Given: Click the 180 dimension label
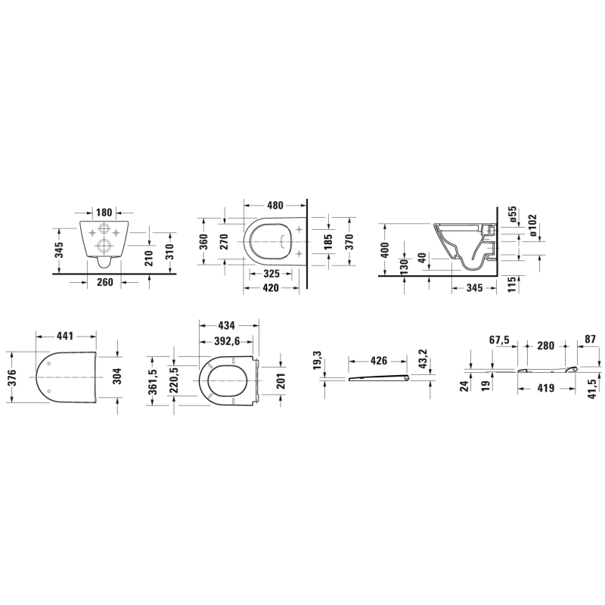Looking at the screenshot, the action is tap(104, 213).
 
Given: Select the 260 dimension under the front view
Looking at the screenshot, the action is tap(104, 282).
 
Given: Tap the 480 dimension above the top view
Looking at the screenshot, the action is tap(275, 205).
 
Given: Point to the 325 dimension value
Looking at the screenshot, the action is tap(271, 274).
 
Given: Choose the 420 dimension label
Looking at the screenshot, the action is tap(271, 287).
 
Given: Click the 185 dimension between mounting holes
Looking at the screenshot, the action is tap(328, 242).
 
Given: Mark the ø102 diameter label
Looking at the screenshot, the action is tap(532, 225).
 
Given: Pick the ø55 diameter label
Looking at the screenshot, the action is tap(513, 214).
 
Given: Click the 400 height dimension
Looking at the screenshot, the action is tap(385, 250).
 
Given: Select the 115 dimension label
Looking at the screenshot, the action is tap(512, 284).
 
